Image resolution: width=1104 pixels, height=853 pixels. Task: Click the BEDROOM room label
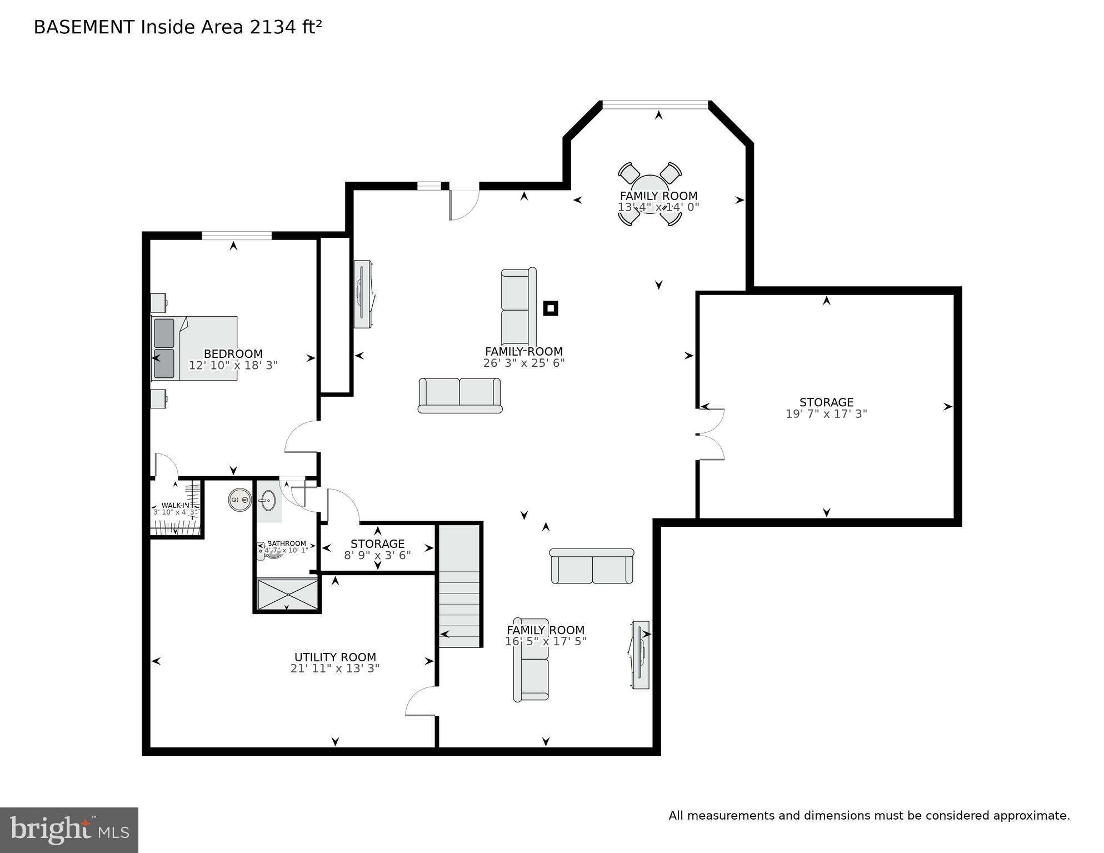233,354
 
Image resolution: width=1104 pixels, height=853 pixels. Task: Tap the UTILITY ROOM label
335,657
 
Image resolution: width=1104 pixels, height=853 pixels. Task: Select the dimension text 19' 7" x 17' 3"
826,414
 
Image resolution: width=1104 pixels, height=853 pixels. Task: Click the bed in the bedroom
194,348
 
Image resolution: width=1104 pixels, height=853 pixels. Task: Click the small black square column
550,308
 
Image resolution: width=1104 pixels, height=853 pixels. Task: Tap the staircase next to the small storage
459,586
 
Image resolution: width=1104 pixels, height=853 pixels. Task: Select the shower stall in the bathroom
287,595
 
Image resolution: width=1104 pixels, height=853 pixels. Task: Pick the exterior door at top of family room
464,203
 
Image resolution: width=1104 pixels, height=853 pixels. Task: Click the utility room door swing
421,701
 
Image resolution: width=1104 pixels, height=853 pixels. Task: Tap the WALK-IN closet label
175,505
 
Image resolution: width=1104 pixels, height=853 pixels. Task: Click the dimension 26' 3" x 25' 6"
524,363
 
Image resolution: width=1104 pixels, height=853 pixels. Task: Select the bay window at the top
656,104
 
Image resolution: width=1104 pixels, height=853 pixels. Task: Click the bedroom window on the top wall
236,236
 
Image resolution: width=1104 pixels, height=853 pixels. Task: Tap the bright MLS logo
69,830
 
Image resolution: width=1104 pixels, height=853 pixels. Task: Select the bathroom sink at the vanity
268,501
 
